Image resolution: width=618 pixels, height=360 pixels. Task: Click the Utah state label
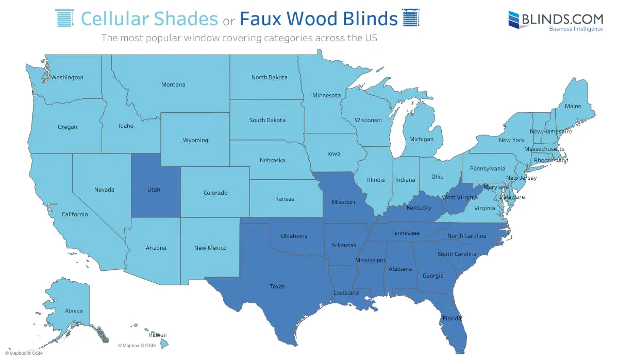[x=154, y=190]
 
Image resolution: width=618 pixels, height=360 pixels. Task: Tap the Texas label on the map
[x=277, y=287]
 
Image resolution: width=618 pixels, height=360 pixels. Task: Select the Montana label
[x=173, y=84]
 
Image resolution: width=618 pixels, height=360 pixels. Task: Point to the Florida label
[x=452, y=318]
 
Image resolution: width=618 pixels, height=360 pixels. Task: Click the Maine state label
[x=573, y=107]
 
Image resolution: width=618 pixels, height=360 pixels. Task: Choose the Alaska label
[x=74, y=311]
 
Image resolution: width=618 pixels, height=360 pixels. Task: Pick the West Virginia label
[x=460, y=198]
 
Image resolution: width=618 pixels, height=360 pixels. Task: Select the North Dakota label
[x=269, y=78]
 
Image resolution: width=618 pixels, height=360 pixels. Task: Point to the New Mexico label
[x=210, y=248]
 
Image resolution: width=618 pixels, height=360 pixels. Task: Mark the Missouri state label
[x=343, y=202]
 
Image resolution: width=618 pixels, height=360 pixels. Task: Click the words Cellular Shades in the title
[x=149, y=19]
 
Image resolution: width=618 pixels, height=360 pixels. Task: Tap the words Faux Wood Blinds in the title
[x=319, y=19]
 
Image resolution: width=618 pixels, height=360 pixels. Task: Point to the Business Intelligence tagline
[x=576, y=29]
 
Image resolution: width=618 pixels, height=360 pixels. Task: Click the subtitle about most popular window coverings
[x=240, y=38]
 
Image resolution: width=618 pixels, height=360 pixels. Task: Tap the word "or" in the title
[x=229, y=21]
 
